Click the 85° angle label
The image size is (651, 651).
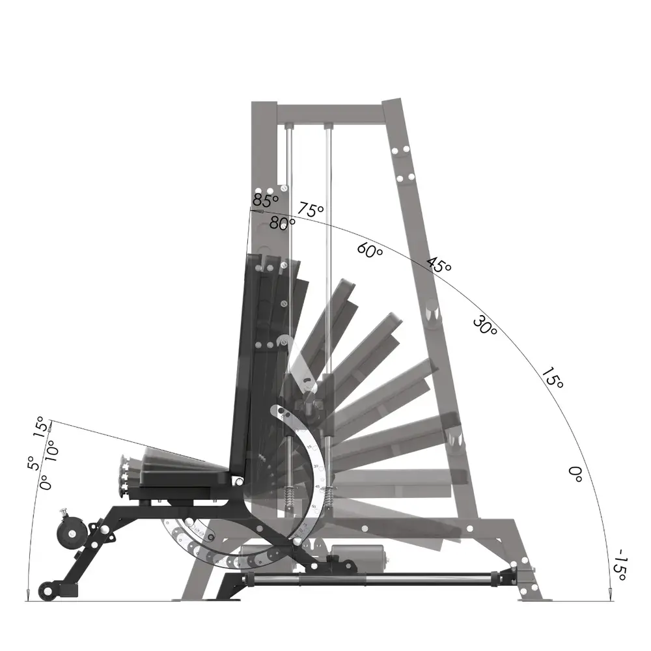pyautogui.click(x=266, y=200)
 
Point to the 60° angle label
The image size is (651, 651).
pyautogui.click(x=370, y=251)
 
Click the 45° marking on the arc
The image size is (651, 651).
pyautogui.click(x=439, y=265)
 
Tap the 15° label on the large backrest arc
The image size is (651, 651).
pyautogui.click(x=551, y=379)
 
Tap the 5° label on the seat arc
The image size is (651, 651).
pyautogui.click(x=31, y=463)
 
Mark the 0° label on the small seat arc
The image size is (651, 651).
pyautogui.click(x=44, y=482)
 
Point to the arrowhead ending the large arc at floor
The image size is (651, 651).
pyautogui.click(x=609, y=594)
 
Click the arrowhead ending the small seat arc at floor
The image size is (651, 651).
pyautogui.click(x=27, y=594)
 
